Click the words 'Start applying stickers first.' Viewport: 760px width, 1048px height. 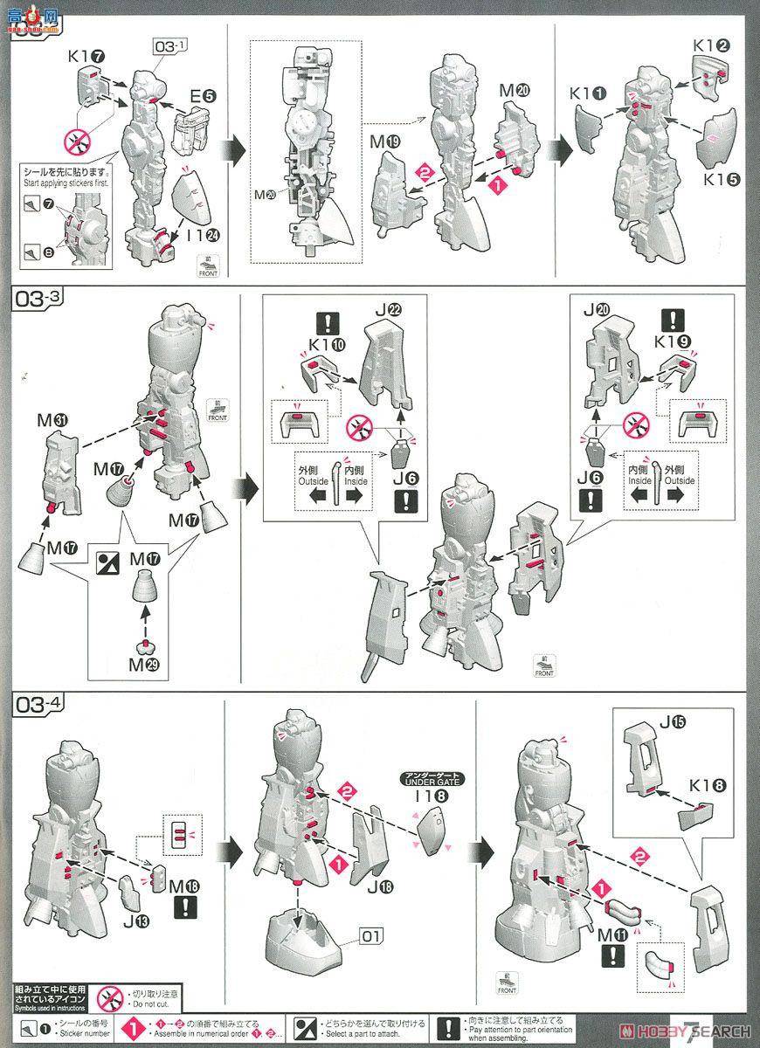[63, 183]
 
